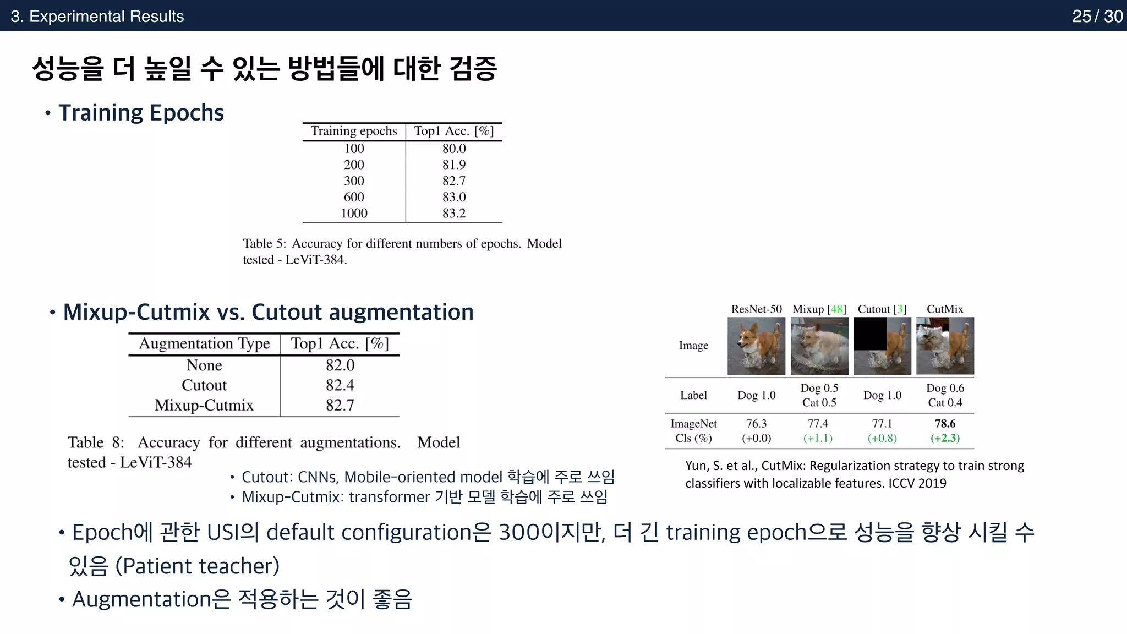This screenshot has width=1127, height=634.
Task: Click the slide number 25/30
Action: pos(1097,16)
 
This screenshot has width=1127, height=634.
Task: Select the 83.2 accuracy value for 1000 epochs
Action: pos(454,214)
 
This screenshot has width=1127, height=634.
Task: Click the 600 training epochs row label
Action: pos(354,197)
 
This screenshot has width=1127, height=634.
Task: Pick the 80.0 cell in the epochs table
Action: pos(454,149)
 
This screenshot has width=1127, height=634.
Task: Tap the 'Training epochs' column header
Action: pos(354,131)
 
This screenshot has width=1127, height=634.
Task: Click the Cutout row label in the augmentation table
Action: pos(204,385)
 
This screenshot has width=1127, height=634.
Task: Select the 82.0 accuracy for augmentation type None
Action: pos(340,365)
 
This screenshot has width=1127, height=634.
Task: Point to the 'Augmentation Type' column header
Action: pos(204,343)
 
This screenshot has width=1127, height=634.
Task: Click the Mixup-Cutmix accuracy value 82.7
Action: pos(340,406)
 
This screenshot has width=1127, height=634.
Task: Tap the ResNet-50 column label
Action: pos(756,309)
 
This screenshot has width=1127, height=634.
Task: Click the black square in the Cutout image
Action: pos(869,334)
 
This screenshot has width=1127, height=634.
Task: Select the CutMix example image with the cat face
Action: pos(945,346)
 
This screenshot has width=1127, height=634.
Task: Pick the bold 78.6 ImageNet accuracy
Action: pos(945,424)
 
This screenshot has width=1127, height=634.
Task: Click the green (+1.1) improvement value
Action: pos(818,438)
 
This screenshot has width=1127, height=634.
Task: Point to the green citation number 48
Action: pos(836,309)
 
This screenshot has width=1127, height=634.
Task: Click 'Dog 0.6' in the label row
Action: pos(945,388)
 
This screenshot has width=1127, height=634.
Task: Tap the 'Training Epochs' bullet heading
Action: pos(141,113)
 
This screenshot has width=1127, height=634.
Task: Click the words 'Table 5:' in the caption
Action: pos(264,244)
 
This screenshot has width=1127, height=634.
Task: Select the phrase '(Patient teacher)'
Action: pos(198,566)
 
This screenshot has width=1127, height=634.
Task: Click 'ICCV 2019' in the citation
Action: pos(917,483)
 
